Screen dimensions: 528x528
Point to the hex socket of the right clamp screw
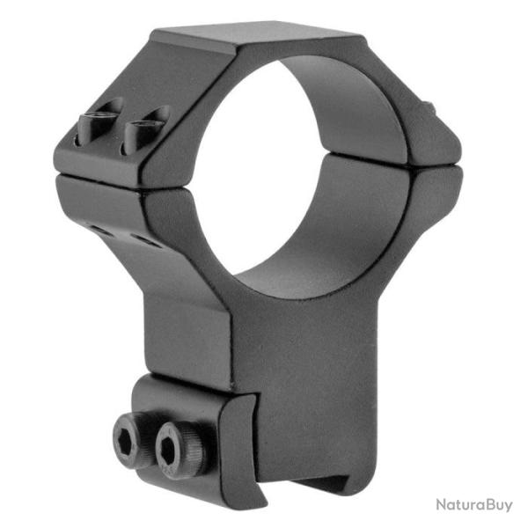[168, 451]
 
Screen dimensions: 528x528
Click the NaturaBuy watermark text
[474, 504]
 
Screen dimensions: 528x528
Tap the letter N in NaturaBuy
[442, 504]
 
